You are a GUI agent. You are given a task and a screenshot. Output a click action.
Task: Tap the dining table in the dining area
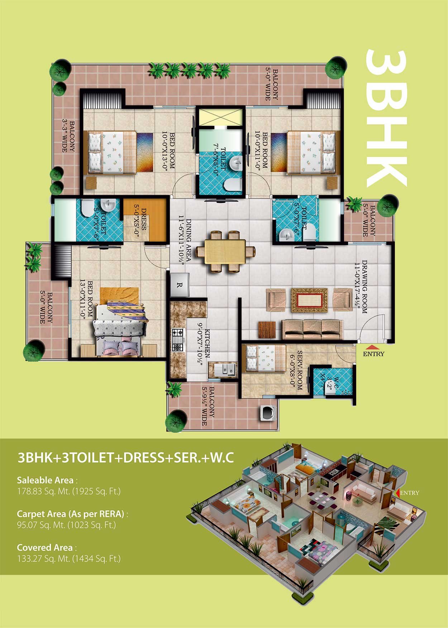tap(225, 252)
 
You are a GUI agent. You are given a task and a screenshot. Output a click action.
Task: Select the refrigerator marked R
tap(180, 285)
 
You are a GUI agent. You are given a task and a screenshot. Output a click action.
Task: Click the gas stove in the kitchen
tap(178, 339)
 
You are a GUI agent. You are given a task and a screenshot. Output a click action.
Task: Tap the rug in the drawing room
tap(309, 300)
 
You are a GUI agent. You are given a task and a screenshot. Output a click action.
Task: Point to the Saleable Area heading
tap(45, 480)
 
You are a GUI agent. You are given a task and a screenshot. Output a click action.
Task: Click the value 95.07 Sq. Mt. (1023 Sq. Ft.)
tap(67, 525)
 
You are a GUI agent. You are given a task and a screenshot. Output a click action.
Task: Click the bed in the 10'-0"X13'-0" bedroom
tap(110, 153)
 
